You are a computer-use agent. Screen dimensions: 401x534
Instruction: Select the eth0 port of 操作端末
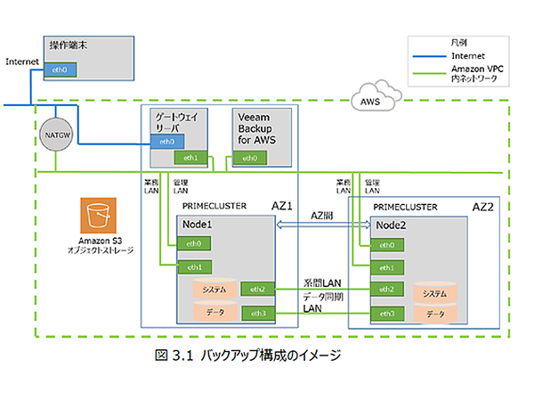(61, 69)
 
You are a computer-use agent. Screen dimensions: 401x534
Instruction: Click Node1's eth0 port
(194, 243)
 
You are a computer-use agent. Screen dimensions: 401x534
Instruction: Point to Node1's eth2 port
(258, 290)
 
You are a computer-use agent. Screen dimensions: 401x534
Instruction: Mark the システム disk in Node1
(214, 290)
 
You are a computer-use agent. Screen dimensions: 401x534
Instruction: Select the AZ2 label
(482, 206)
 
